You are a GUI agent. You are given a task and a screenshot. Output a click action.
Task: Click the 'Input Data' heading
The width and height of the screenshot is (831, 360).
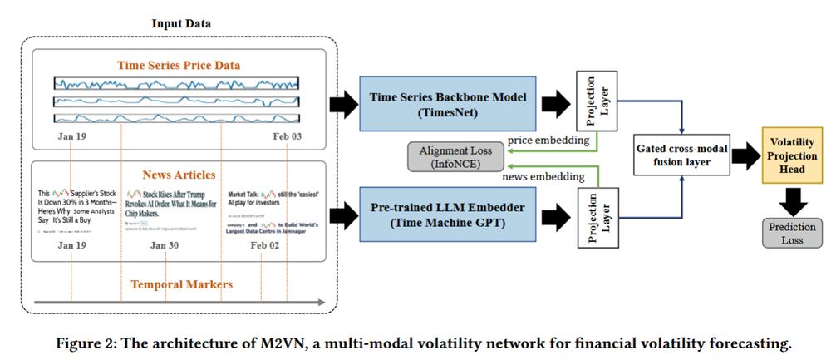[x=181, y=22]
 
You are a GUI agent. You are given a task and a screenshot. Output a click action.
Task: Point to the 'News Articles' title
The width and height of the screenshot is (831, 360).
[x=179, y=174]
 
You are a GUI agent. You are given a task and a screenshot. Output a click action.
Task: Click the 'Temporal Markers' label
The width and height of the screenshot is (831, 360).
[x=181, y=285]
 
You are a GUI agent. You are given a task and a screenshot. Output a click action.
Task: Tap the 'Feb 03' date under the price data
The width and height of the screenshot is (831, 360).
[x=287, y=135]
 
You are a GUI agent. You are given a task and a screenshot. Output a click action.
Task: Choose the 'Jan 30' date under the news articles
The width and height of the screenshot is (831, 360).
[x=165, y=245]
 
